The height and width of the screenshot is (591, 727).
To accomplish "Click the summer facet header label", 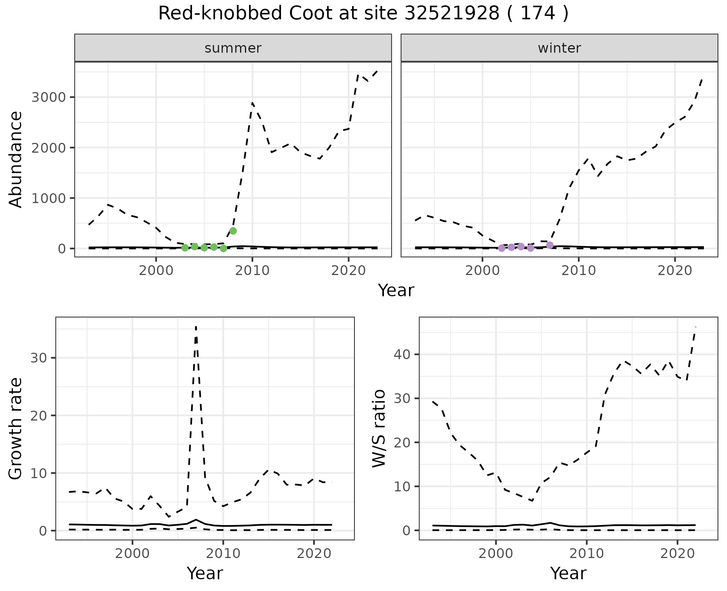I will point(233,48).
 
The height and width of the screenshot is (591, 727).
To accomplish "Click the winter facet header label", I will point(559,48).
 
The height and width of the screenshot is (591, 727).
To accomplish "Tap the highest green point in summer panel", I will point(233,231).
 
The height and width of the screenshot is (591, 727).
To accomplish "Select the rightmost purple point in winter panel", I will point(550,245).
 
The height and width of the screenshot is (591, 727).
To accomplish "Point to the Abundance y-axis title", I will point(16,159).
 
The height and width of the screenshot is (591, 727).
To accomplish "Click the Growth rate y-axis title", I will point(16,428).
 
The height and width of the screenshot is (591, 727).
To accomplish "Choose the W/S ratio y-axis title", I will point(379,428).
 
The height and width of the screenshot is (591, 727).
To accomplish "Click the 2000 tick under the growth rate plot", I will point(132,553).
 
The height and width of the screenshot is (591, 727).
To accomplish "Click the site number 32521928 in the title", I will point(451,14).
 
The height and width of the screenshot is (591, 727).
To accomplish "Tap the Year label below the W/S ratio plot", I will point(568,573).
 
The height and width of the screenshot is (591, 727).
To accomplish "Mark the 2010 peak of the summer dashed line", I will point(252,103).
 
